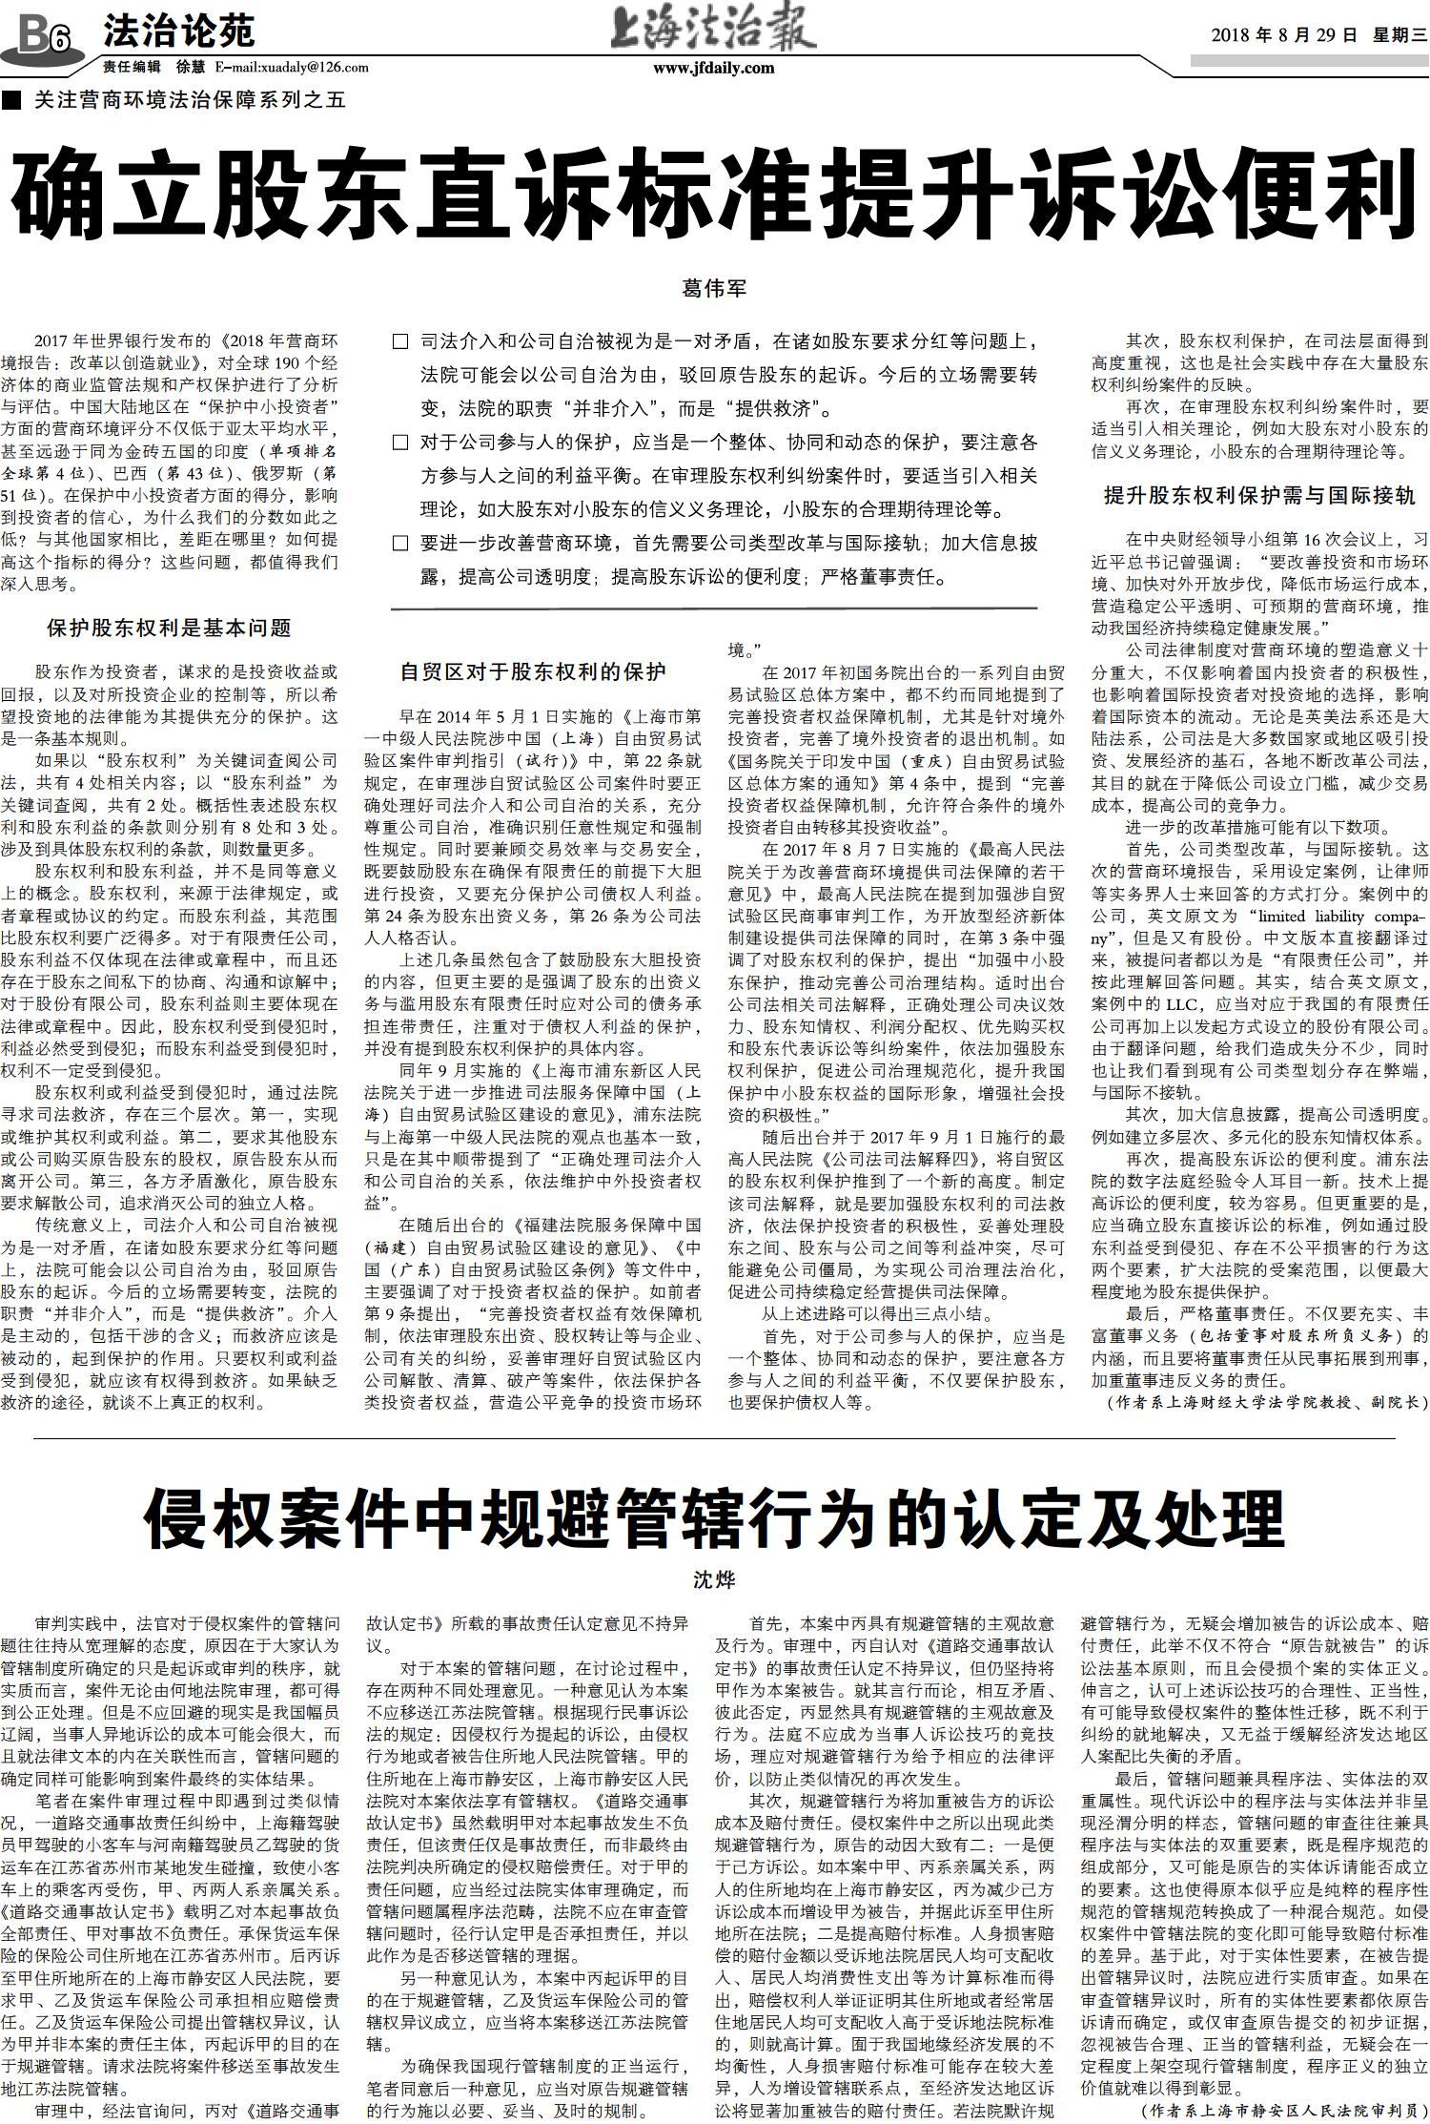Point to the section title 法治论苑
point(178,32)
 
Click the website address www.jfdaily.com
point(713,68)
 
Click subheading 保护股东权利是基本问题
point(169,628)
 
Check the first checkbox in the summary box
point(401,341)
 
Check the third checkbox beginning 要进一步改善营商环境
point(401,544)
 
